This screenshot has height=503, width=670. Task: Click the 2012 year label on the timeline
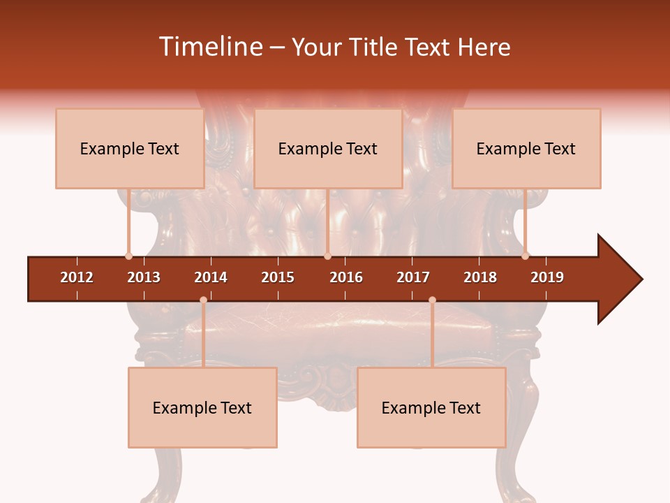point(77,277)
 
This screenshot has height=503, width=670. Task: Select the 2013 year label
point(144,277)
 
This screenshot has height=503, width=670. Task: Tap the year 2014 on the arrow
point(211,277)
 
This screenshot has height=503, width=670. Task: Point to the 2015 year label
point(278,277)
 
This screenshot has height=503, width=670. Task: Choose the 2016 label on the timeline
point(346,277)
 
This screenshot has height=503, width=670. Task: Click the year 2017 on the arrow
point(413,277)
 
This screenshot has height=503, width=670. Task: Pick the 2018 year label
point(480,277)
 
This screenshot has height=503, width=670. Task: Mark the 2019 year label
point(547,277)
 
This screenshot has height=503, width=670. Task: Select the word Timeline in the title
point(209,47)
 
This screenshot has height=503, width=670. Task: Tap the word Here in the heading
point(484,47)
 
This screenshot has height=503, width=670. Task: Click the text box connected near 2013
point(130,148)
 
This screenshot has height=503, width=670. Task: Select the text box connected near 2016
point(328,148)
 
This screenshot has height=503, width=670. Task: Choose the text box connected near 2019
point(526,148)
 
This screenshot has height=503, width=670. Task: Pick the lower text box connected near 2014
point(202,407)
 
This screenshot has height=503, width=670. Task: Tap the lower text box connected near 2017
point(431,407)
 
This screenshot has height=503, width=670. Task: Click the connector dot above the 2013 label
point(128,256)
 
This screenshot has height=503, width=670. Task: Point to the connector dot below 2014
point(203,300)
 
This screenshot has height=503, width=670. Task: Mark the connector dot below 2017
point(432,300)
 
